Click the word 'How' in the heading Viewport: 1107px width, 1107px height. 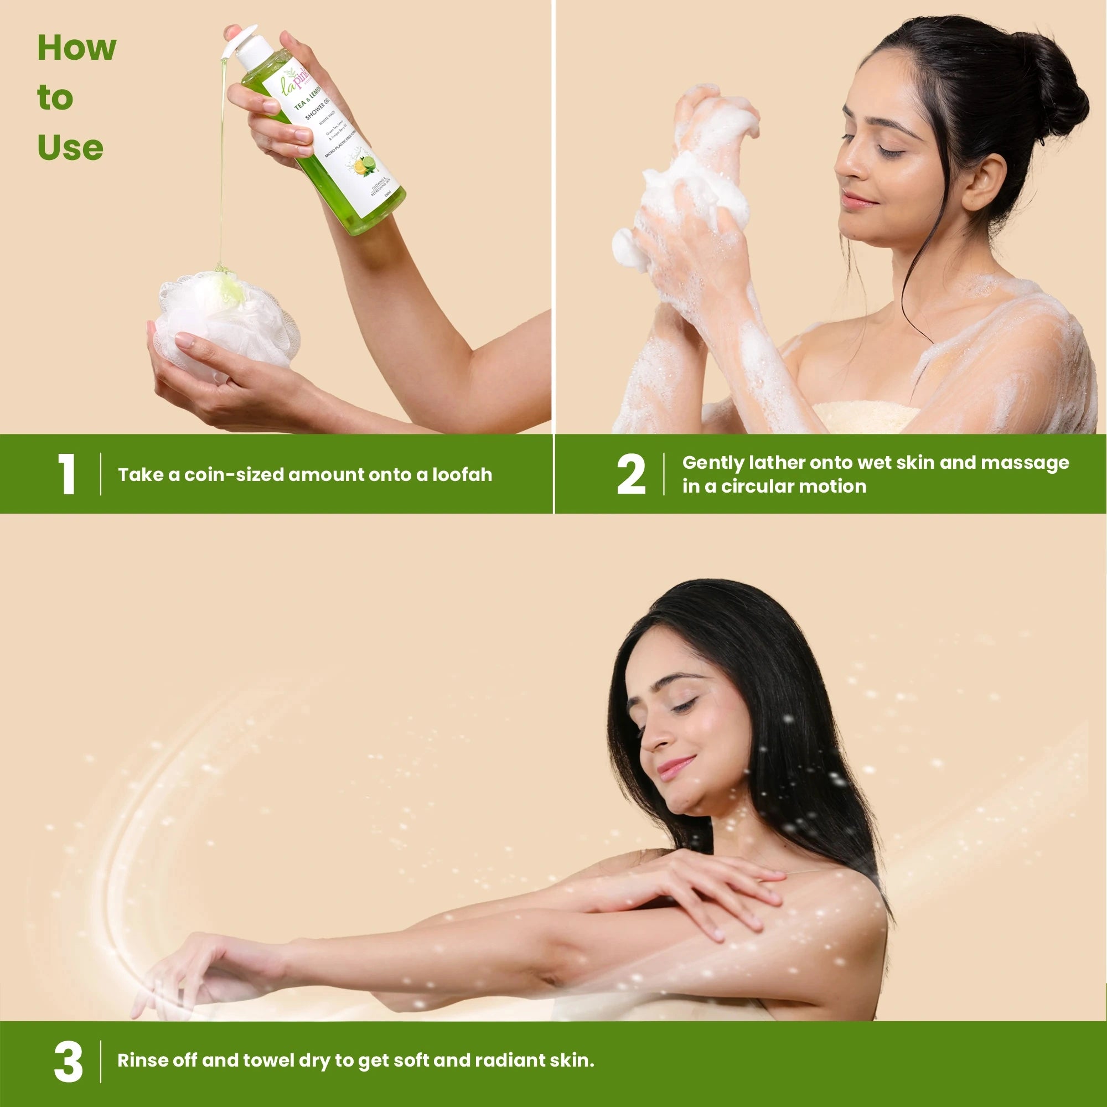76,48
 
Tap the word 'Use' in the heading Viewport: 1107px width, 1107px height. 70,148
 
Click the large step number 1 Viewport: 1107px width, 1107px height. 67,474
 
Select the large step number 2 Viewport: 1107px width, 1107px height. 631,474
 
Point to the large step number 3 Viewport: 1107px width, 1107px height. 68,1062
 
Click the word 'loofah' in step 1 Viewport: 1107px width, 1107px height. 462,474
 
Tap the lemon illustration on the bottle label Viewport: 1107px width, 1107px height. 361,167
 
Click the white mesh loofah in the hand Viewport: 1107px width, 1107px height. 229,321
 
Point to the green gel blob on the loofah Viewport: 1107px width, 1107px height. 229,287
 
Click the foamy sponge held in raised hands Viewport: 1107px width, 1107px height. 696,189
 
